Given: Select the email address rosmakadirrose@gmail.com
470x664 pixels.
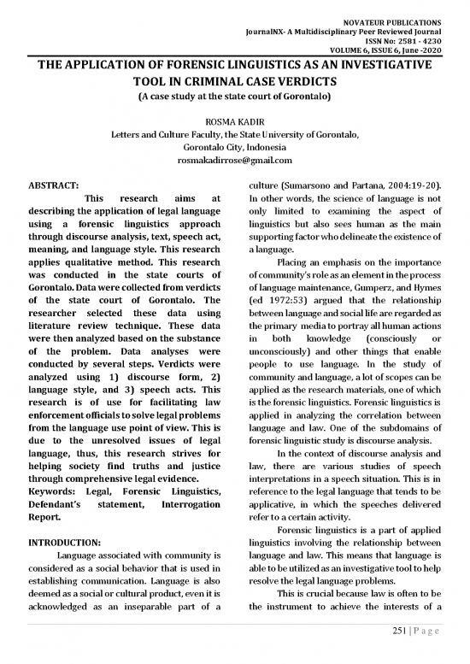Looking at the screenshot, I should [x=233, y=160].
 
